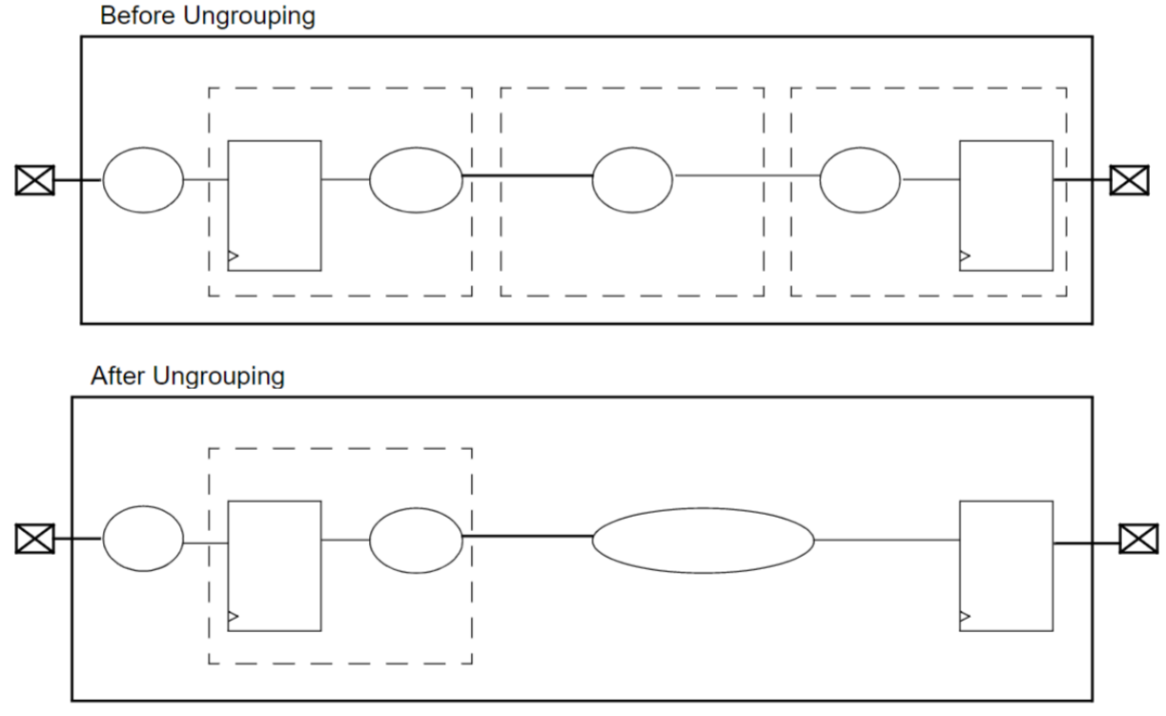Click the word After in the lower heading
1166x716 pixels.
click(x=117, y=378)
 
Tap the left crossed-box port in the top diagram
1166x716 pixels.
click(x=35, y=179)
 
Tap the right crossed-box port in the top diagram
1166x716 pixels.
click(x=1130, y=179)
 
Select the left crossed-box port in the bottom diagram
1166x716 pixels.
click(x=35, y=539)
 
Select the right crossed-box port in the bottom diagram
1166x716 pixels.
click(x=1137, y=539)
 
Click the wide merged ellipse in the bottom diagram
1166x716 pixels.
click(x=704, y=541)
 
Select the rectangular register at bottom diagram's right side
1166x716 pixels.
click(x=1006, y=564)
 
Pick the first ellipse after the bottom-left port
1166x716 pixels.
click(x=143, y=540)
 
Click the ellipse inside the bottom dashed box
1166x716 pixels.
click(x=416, y=540)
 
